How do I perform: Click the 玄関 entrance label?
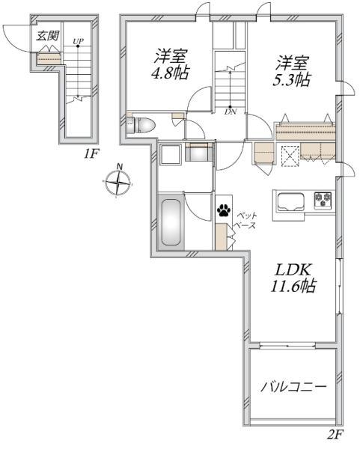[x=47, y=35]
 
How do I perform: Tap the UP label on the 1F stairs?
[x=78, y=41]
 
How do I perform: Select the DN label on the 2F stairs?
[x=231, y=112]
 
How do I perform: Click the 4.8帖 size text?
[x=170, y=73]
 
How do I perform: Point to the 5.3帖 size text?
[x=291, y=80]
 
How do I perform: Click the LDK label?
[x=293, y=270]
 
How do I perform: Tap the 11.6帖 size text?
[x=293, y=286]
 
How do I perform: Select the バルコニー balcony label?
[x=293, y=387]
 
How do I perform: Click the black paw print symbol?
[x=224, y=210]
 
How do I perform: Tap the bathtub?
[x=171, y=222]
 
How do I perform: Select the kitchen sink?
[x=291, y=201]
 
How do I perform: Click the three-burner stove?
[x=323, y=200]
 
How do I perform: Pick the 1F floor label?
[x=91, y=154]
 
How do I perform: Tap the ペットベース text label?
[x=245, y=221]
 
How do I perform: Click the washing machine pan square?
[x=171, y=154]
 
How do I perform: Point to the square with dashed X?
[x=290, y=156]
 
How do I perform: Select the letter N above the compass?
[x=120, y=167]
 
